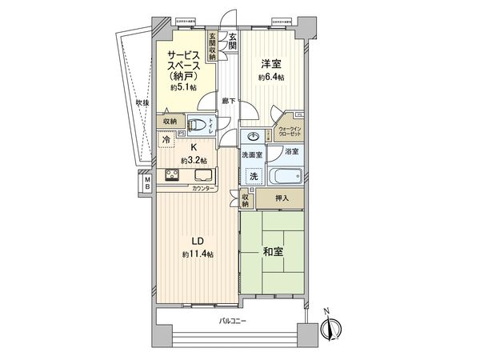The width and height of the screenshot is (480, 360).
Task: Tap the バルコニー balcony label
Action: (233, 321)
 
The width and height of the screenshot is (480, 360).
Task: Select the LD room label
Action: (196, 242)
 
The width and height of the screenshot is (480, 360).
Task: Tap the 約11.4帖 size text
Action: (196, 254)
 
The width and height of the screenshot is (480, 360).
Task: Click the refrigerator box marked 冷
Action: (166, 141)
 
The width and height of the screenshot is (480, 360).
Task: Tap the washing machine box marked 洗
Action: (254, 175)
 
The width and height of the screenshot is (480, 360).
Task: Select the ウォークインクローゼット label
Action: (290, 131)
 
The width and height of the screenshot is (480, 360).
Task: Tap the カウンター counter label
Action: (203, 189)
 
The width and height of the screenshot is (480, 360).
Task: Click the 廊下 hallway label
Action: (227, 102)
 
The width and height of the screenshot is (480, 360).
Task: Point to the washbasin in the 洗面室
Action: (254, 137)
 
